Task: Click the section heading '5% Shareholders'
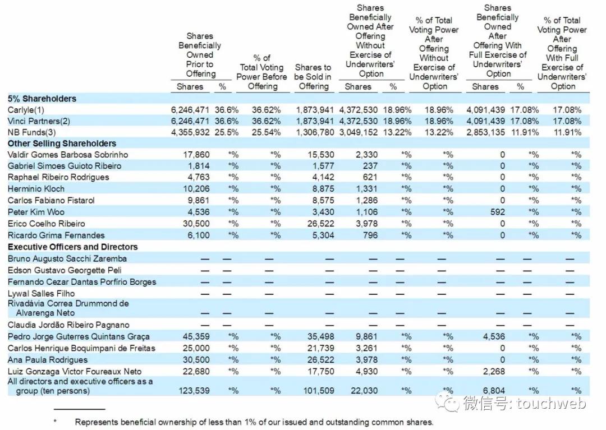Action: (x=42, y=99)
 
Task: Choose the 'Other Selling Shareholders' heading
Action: (x=62, y=144)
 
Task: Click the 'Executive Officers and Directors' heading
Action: (x=72, y=247)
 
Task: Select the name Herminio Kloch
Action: (x=36, y=189)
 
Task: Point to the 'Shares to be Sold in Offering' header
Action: (x=313, y=77)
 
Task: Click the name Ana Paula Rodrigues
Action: (x=48, y=360)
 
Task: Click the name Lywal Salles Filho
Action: (x=41, y=293)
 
